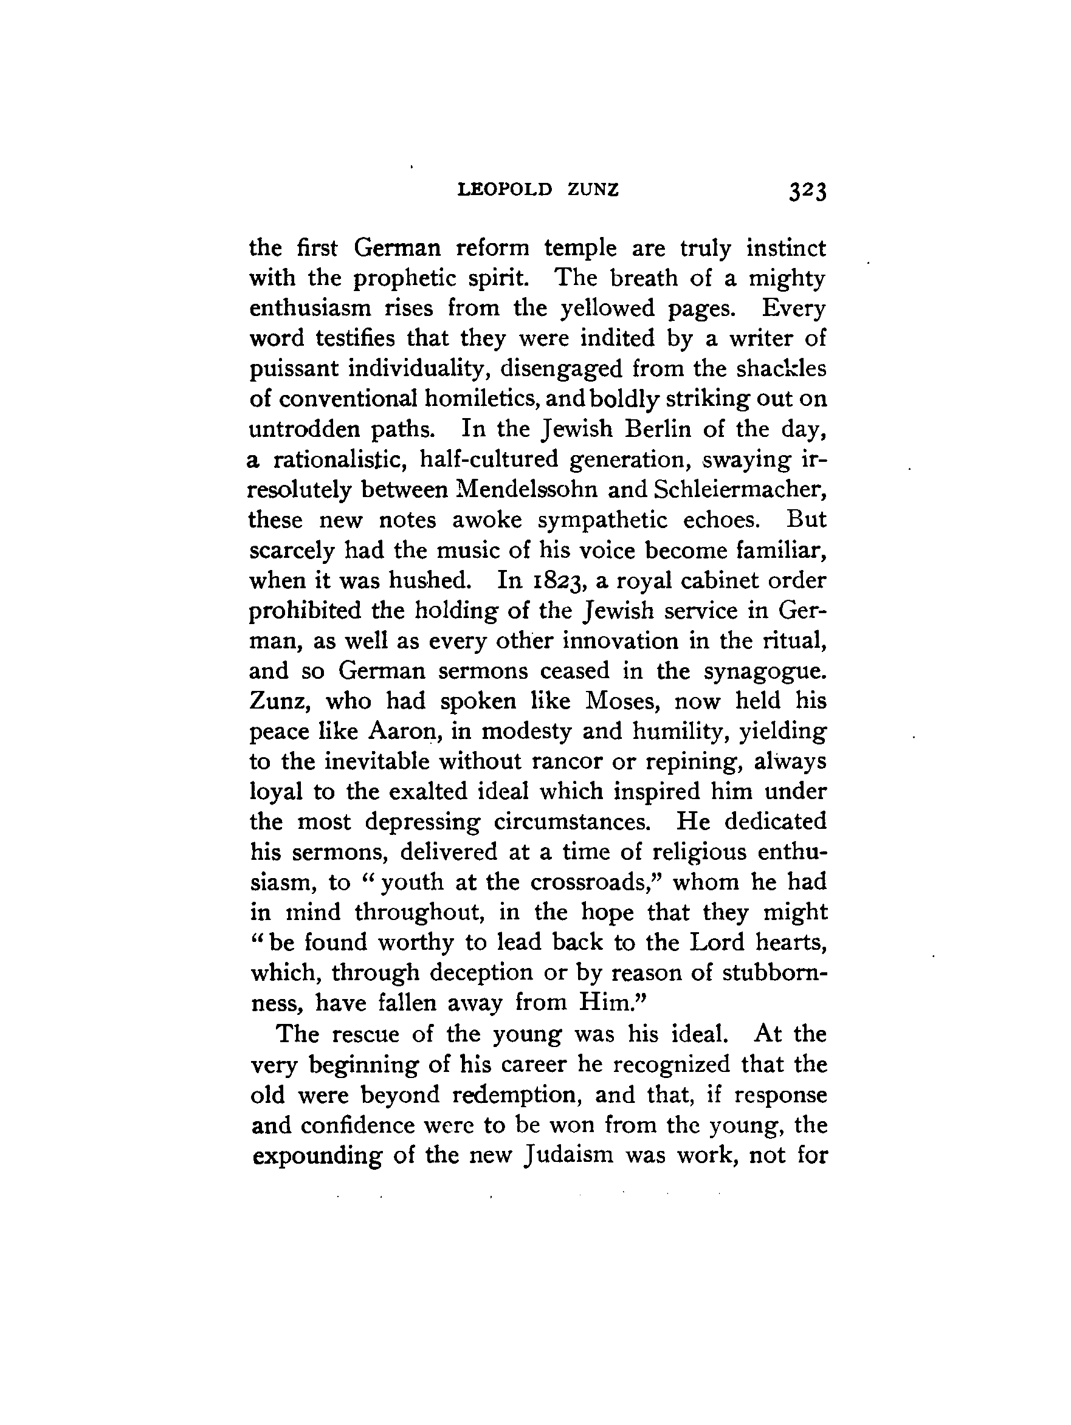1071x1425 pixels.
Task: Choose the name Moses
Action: [620, 701]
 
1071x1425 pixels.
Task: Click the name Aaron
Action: [403, 732]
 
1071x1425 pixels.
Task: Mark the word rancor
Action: [567, 762]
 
